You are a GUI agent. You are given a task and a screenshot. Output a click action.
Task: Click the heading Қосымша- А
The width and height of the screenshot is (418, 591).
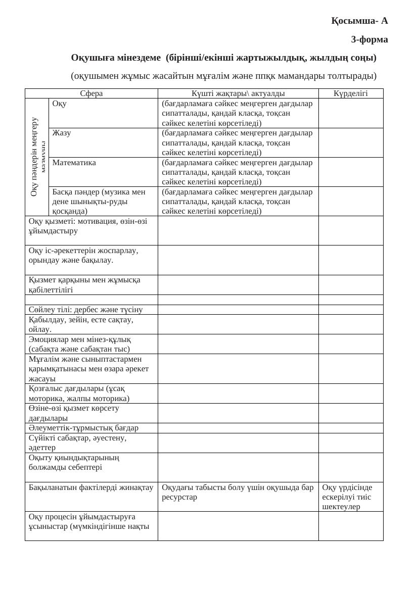click(x=359, y=21)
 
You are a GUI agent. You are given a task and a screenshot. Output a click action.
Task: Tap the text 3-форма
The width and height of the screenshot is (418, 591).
click(x=369, y=39)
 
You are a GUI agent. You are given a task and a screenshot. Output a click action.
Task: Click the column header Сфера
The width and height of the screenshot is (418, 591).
click(x=91, y=93)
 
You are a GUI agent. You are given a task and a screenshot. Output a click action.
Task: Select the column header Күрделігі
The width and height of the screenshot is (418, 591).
click(x=351, y=93)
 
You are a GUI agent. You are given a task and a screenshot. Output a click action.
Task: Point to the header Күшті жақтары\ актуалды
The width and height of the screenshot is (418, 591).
click(x=238, y=93)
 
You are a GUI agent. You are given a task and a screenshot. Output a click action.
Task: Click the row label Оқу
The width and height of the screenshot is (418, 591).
click(x=60, y=104)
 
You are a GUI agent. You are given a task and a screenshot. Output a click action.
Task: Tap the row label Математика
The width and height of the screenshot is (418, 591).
click(x=74, y=163)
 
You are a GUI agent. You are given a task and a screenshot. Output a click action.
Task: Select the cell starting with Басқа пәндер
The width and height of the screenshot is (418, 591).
click(x=99, y=201)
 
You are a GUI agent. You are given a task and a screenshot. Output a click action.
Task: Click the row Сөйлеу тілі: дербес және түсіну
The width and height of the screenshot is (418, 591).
click(x=86, y=310)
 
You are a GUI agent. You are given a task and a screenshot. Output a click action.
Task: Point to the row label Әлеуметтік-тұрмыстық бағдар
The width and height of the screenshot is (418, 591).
click(x=83, y=428)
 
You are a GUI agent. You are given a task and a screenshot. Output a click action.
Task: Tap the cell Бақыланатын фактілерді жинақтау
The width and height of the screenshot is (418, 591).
click(x=91, y=487)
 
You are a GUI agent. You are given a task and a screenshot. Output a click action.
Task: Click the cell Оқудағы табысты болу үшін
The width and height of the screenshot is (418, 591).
click(x=238, y=492)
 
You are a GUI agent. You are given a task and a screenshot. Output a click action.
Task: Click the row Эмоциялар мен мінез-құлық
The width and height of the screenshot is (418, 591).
click(x=80, y=344)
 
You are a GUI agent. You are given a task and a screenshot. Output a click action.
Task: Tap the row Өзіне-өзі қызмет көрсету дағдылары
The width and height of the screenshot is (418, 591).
click(x=74, y=413)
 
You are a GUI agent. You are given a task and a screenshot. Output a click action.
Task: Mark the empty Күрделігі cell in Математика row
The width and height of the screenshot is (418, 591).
click(x=351, y=172)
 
